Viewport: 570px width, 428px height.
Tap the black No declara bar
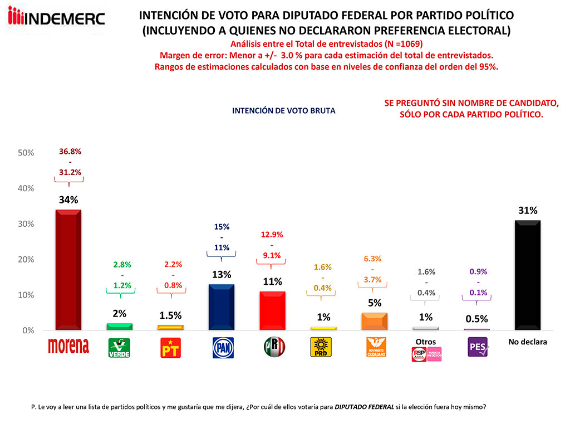527,275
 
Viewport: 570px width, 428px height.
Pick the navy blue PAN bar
222,307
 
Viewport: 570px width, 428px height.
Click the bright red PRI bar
272,310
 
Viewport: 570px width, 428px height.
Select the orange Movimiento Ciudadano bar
374,321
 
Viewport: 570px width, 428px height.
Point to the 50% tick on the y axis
26,153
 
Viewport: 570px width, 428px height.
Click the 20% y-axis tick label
26,260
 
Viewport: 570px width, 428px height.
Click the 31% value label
527,211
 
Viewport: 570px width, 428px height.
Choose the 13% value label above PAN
222,275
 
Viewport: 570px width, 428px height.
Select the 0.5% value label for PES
477,319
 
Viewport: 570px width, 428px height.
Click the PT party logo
170,348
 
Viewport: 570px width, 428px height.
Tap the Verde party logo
119,348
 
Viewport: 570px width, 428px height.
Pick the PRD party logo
323,347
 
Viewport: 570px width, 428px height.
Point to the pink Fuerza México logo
434,354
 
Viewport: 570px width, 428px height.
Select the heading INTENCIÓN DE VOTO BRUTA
283,111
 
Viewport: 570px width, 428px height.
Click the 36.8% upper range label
70,151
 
